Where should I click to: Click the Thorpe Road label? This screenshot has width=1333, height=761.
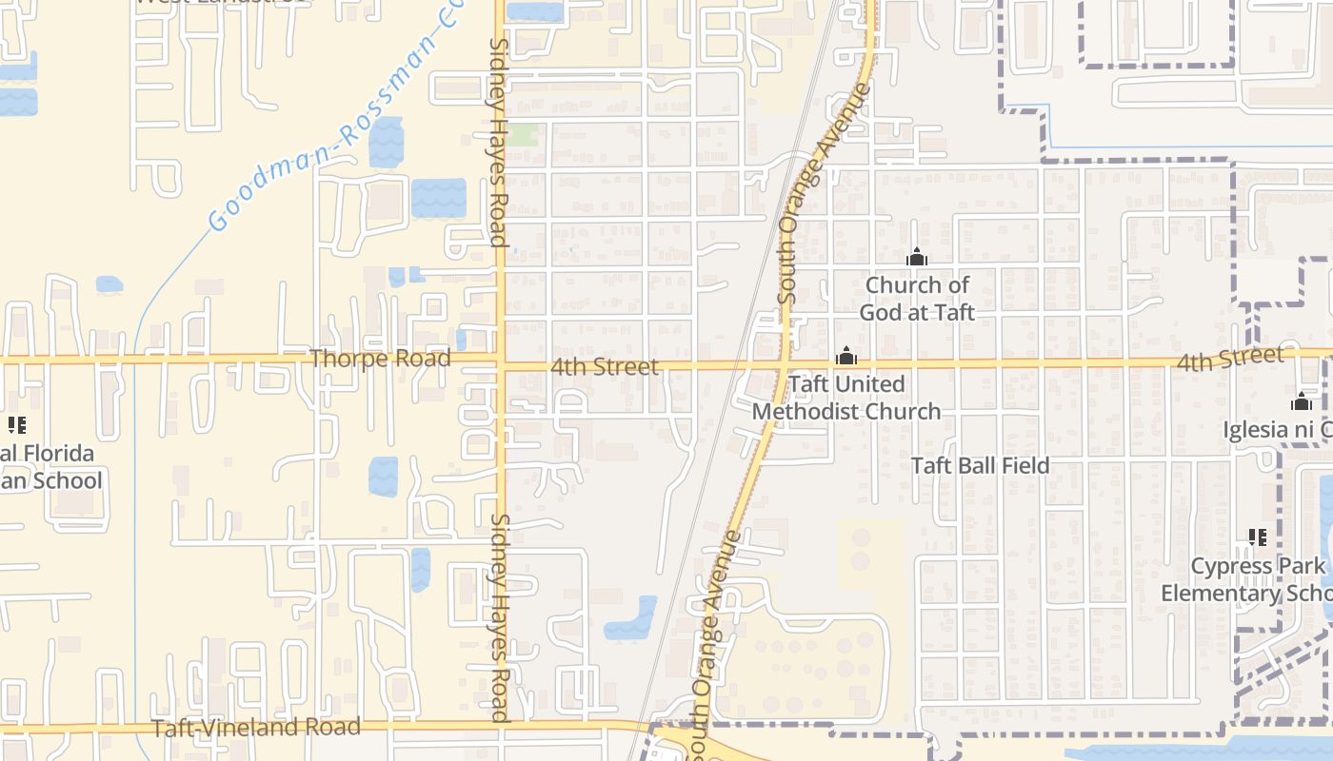[380, 359]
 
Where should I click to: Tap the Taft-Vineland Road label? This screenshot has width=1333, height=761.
[256, 728]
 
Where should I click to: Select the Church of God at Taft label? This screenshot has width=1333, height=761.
[917, 299]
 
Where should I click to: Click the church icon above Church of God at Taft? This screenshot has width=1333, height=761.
[917, 257]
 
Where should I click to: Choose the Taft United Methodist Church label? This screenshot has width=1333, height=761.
[846, 398]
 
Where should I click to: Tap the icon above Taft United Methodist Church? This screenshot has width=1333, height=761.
[846, 357]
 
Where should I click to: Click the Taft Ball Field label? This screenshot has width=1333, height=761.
[981, 465]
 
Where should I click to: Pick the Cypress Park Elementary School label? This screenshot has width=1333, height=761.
[1245, 579]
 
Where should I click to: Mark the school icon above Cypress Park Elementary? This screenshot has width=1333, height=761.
[1258, 537]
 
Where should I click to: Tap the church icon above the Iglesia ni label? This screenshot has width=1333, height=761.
[1302, 401]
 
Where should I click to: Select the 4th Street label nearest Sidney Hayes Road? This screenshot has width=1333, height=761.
[605, 366]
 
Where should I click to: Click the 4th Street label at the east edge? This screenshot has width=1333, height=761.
[1229, 360]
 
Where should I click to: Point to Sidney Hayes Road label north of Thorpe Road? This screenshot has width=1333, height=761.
[498, 143]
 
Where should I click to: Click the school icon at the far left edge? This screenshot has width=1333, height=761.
[16, 424]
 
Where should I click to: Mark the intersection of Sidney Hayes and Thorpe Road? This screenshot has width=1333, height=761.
[501, 361]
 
